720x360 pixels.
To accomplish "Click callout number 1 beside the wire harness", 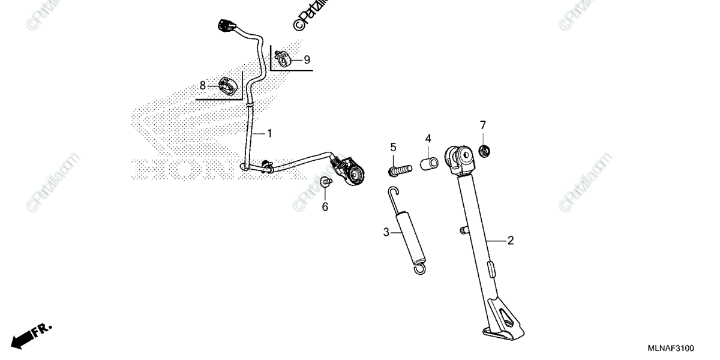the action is coord(269,133).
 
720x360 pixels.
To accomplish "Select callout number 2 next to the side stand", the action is coord(511,241).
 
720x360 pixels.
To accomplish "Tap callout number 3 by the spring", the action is coord(386,232).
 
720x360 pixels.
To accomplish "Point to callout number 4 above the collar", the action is coord(428,139).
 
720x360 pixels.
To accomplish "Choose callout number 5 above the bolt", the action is coord(394,147).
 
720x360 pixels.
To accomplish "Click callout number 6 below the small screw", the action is coord(325,207).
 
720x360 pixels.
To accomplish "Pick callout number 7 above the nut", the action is coord(482,125).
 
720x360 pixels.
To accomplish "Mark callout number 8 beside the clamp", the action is coord(203,85).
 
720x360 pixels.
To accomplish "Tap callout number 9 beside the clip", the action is coord(307,59).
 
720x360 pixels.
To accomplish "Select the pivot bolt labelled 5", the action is coord(401,170).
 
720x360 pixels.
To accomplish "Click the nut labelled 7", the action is coord(486,149).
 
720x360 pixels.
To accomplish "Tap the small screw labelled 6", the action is coord(326,182).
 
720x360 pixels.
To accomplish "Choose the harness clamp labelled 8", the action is coord(227,86).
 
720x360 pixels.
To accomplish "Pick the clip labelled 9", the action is coord(282,59).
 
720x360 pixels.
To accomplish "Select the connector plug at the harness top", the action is coord(226,26).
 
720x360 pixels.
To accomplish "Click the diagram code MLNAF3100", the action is coord(671,348).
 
